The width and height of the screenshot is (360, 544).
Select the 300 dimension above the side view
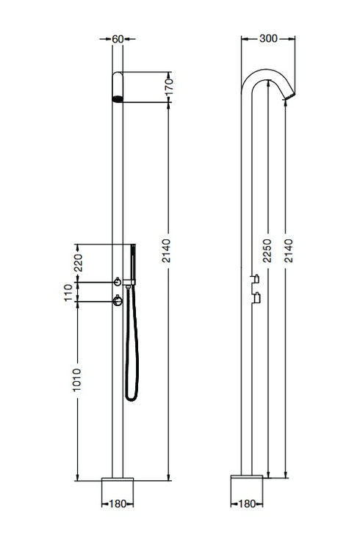(x=268, y=39)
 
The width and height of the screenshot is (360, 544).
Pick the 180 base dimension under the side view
(x=246, y=504)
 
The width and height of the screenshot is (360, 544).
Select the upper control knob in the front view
(x=117, y=282)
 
